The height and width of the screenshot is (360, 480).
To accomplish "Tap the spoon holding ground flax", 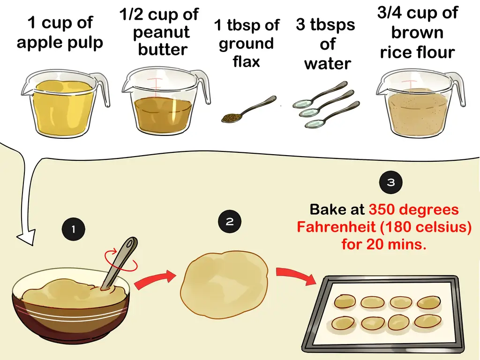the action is (248, 109).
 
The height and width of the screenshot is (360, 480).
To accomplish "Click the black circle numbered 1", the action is (74, 229).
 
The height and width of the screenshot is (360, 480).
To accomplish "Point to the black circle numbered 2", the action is (230, 221).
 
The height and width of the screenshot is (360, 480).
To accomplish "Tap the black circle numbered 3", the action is (390, 182).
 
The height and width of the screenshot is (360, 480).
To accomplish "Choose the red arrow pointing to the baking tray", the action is (295, 276).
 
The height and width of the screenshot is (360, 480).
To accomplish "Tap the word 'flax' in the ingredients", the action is (246, 61).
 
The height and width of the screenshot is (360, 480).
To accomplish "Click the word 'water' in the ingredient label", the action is (328, 64).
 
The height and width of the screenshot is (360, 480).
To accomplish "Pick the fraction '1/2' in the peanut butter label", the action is (132, 14).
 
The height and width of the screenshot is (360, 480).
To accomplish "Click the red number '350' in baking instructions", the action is (382, 210).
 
